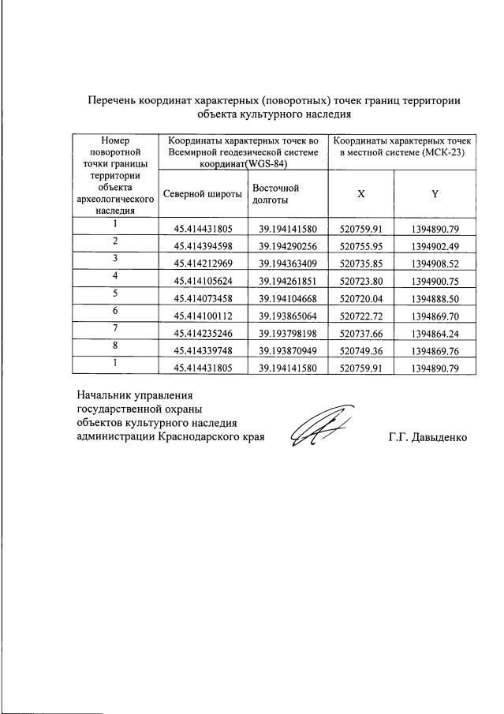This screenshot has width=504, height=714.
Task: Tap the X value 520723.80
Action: click(360, 282)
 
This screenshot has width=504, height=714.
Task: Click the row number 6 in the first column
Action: click(115, 311)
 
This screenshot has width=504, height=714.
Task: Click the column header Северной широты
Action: click(202, 193)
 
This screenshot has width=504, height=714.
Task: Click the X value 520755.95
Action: click(360, 246)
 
